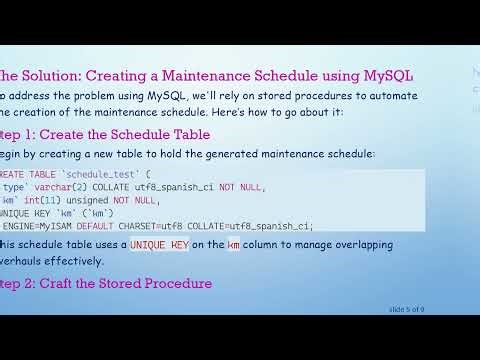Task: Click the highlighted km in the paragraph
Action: pyautogui.click(x=233, y=245)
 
